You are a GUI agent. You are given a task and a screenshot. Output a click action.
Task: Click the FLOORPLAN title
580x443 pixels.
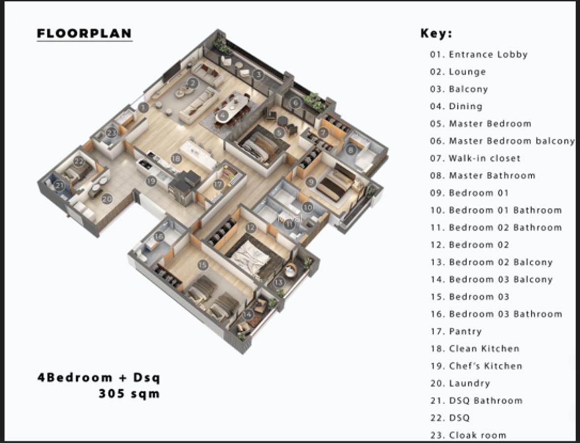pyautogui.click(x=84, y=33)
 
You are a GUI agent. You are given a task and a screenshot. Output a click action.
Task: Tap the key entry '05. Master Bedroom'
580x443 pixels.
pyautogui.click(x=480, y=124)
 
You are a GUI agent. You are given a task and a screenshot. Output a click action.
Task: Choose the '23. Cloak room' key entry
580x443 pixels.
pyautogui.click(x=468, y=435)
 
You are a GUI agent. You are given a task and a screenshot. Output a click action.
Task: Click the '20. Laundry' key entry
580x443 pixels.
pyautogui.click(x=459, y=383)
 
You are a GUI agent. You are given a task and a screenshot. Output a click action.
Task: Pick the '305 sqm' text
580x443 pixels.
pyautogui.click(x=129, y=394)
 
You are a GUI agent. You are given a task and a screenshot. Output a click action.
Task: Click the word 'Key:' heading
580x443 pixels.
pyautogui.click(x=436, y=33)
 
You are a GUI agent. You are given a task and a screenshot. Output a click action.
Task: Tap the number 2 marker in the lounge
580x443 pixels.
pyautogui.click(x=193, y=83)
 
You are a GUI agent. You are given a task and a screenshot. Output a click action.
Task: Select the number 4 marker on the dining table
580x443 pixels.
pyautogui.click(x=223, y=116)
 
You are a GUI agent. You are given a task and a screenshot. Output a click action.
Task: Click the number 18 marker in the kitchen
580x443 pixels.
pyautogui.click(x=176, y=158)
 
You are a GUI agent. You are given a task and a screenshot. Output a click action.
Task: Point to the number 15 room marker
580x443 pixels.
pyautogui.click(x=203, y=265)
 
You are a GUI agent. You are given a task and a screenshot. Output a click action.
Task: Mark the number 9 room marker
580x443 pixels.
pyautogui.click(x=310, y=182)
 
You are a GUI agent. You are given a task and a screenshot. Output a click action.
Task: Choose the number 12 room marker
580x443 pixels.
pyautogui.click(x=251, y=227)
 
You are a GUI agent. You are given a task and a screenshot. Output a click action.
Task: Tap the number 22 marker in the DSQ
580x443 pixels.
pyautogui.click(x=79, y=161)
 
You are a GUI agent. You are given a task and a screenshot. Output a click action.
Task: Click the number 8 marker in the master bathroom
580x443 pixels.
pyautogui.click(x=351, y=150)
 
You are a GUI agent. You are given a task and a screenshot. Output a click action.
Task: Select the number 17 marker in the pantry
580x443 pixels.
pyautogui.click(x=218, y=185)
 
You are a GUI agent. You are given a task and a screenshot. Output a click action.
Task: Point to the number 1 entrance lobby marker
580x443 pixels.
pyautogui.click(x=143, y=107)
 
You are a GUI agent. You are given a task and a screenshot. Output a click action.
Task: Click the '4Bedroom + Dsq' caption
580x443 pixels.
pyautogui.click(x=98, y=378)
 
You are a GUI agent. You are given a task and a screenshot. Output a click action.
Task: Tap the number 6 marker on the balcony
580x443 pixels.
pyautogui.click(x=295, y=103)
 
